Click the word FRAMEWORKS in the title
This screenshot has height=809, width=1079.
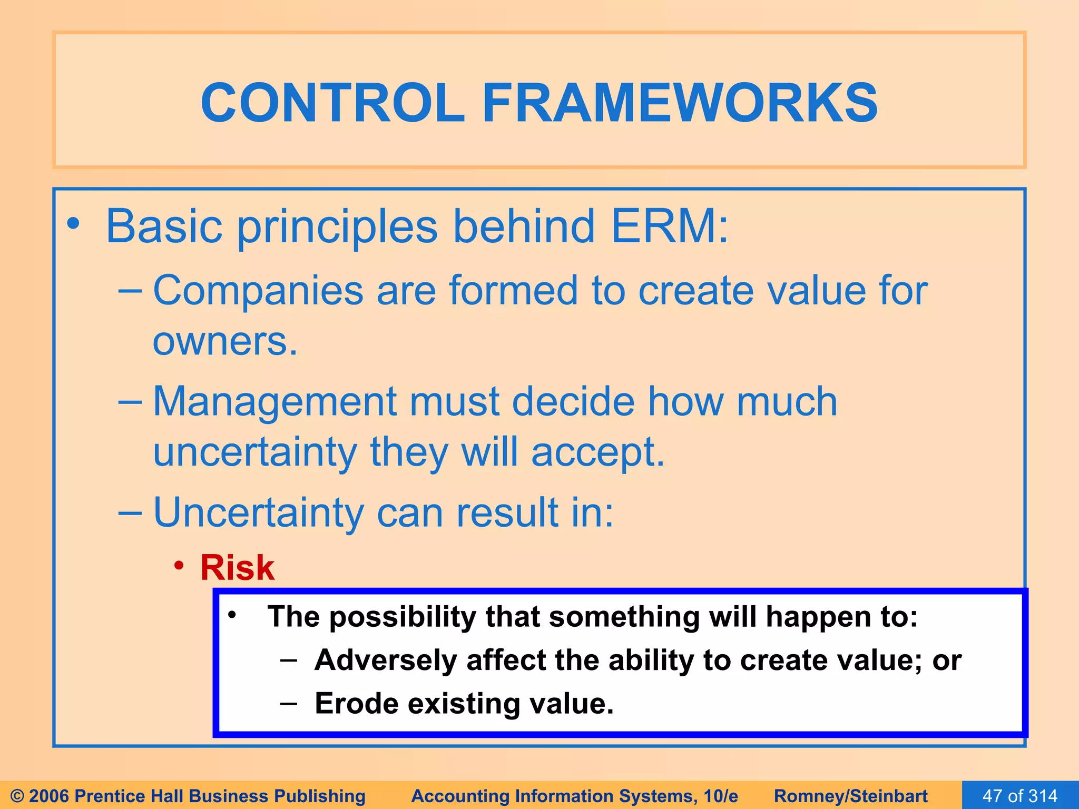tap(680, 103)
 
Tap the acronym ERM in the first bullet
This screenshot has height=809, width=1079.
tap(670, 226)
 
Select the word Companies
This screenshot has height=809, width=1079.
tap(258, 291)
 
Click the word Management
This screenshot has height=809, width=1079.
tap(274, 402)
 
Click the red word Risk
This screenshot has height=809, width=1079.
tap(237, 568)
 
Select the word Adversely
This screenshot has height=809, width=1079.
tap(385, 660)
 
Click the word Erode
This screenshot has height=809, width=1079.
tap(356, 704)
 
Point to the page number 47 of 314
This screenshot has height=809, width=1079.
tap(1020, 795)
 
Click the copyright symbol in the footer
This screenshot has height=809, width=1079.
tap(17, 796)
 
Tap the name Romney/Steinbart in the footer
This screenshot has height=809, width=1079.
tap(850, 796)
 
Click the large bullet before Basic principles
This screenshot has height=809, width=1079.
tap(73, 224)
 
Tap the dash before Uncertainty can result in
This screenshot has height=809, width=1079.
tap(130, 512)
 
